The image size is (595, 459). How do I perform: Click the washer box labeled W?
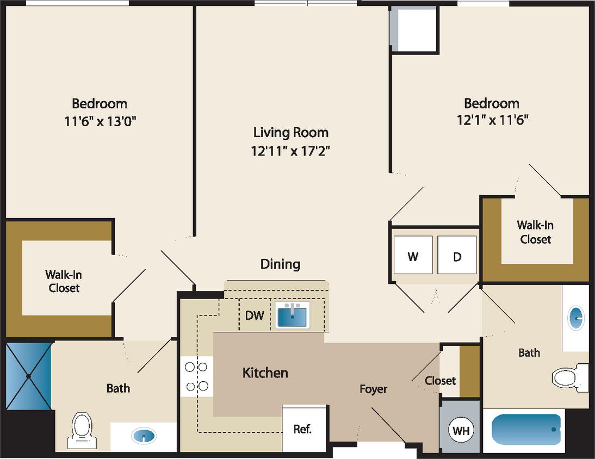[413, 255]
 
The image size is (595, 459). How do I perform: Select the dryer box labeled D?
[457, 255]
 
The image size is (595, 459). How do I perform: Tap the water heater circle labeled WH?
[461, 431]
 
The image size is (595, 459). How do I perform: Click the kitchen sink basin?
[292, 316]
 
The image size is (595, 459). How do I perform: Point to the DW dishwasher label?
[254, 316]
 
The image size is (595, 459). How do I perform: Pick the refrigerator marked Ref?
[303, 429]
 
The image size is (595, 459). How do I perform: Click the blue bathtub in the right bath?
[525, 430]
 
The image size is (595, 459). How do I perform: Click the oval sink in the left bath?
[144, 436]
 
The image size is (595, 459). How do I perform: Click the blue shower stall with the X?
[29, 376]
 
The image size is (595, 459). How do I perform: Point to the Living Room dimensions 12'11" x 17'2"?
[290, 151]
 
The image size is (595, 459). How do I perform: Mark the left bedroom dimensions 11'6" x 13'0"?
[100, 121]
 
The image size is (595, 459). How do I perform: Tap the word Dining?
[280, 264]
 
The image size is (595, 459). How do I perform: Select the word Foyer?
[373, 389]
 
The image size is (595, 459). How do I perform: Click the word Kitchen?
[265, 373]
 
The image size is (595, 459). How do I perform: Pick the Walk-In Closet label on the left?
[64, 281]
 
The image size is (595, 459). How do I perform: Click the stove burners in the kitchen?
[197, 376]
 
